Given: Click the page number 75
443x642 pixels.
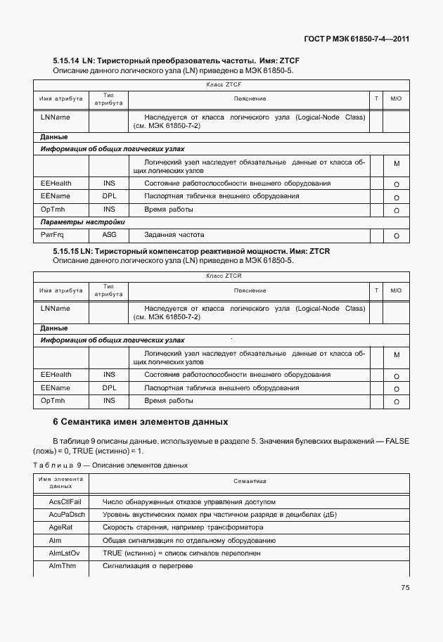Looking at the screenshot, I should [404, 588].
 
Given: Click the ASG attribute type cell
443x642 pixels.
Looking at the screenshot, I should [109, 235].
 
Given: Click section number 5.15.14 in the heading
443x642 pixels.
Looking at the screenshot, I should [66, 61].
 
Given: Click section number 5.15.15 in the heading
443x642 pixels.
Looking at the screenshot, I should [66, 252].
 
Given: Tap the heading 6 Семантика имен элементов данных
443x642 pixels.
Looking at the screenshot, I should [141, 422].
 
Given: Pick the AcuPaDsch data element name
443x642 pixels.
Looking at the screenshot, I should [67, 515].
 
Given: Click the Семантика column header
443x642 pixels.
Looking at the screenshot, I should [249, 482].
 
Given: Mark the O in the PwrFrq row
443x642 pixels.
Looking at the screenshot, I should [397, 236].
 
